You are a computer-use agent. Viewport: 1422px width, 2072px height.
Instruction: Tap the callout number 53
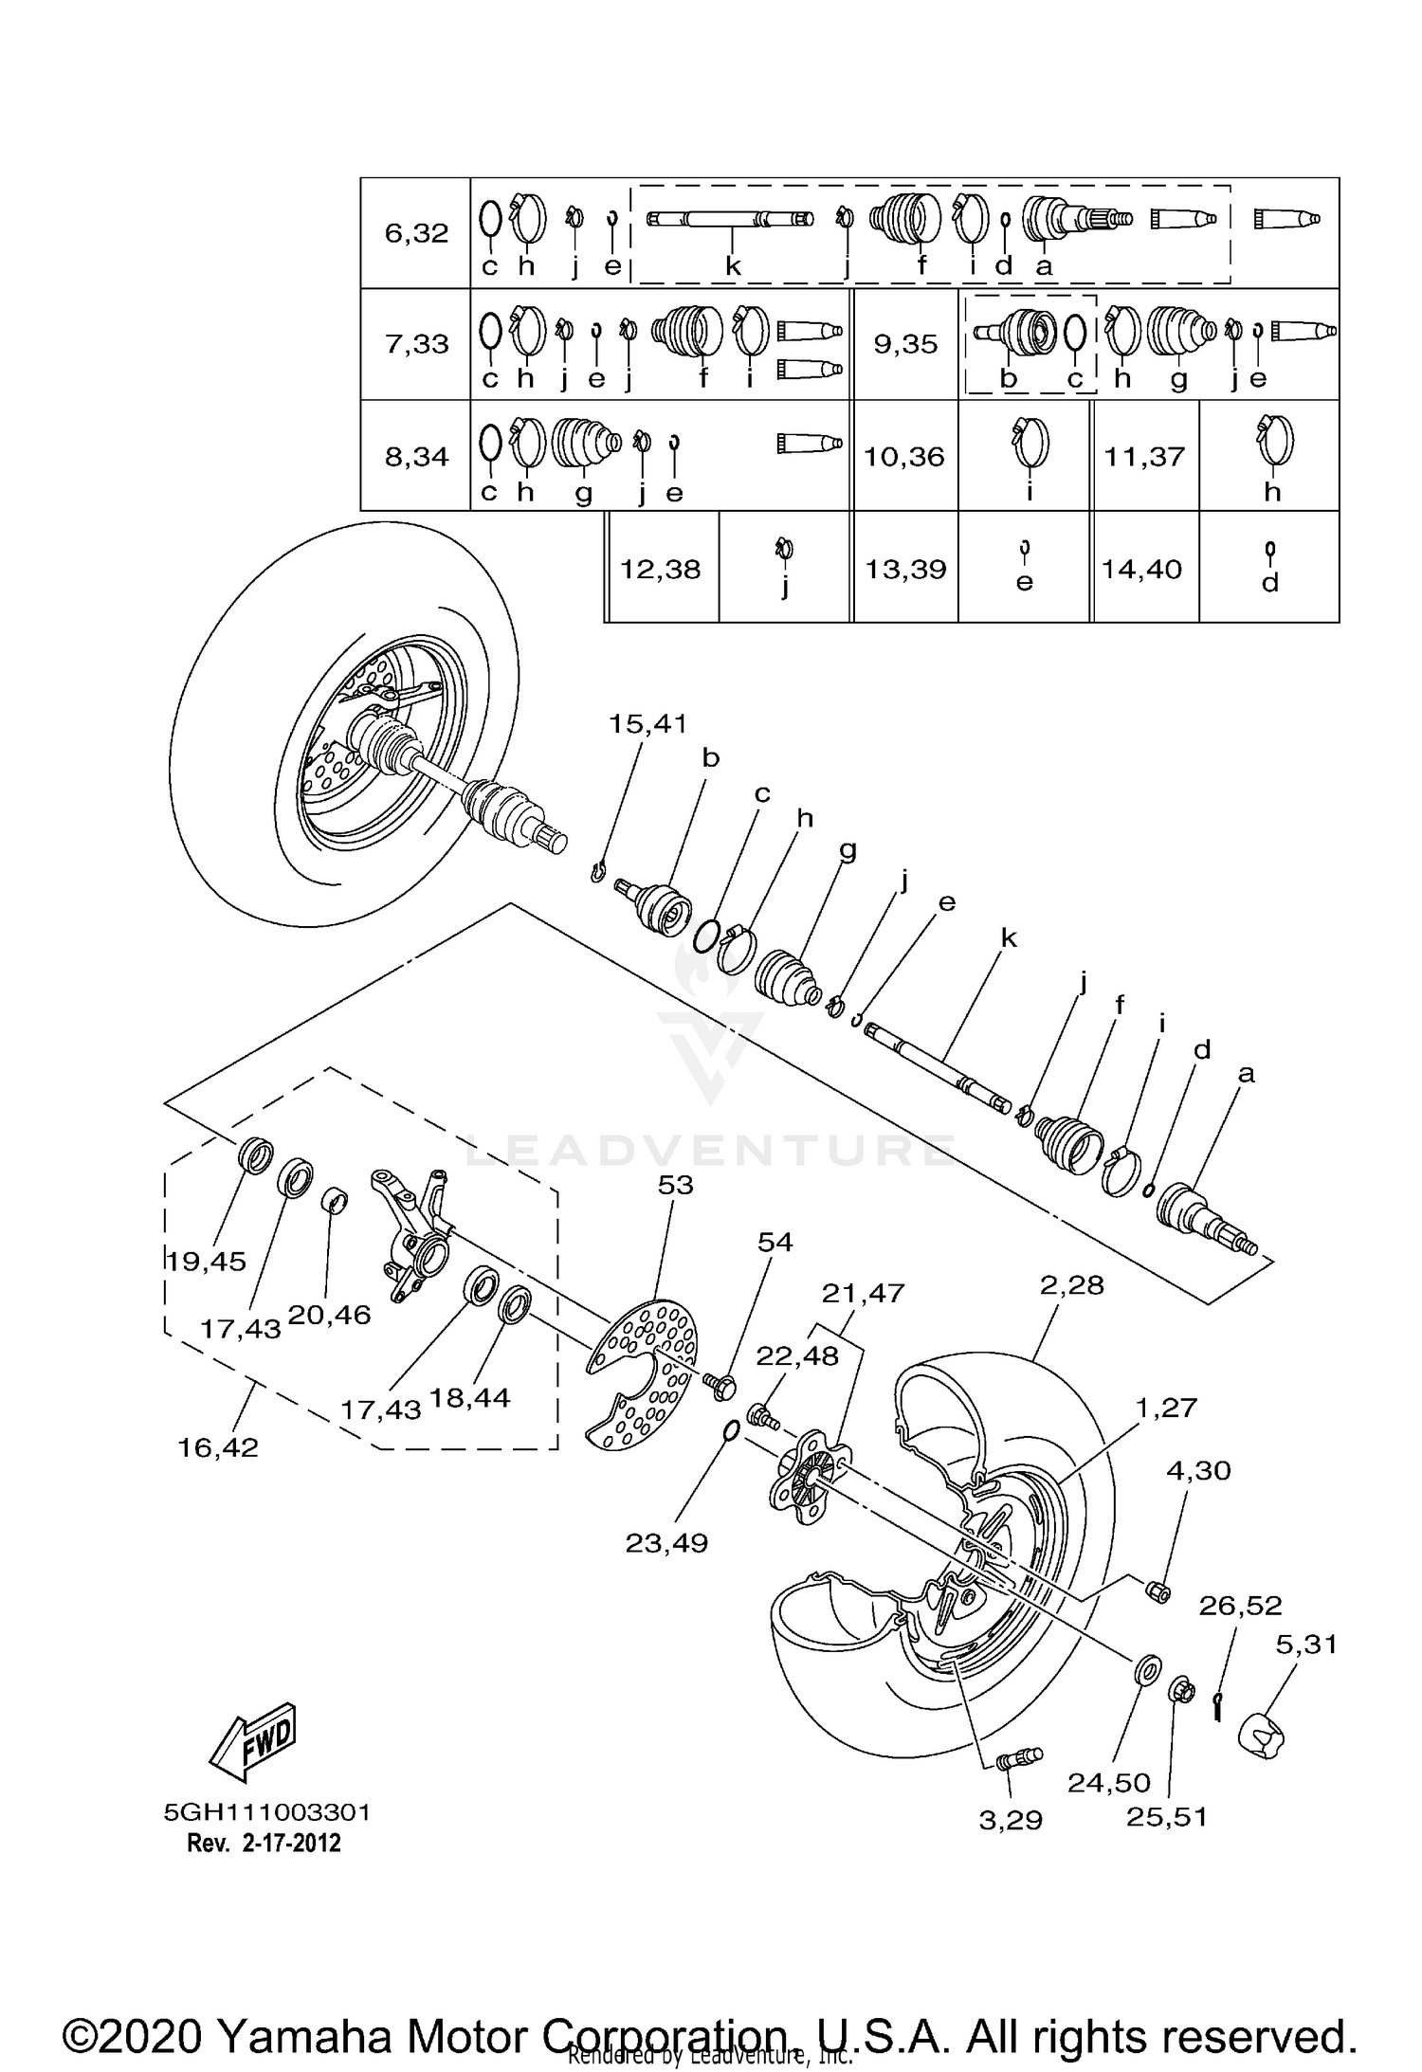point(675,1185)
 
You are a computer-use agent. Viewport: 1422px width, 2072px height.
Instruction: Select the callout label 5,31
point(1305,1645)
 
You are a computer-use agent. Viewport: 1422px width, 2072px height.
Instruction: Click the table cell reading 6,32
point(416,233)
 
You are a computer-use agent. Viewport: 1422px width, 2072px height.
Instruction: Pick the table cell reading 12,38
point(661,569)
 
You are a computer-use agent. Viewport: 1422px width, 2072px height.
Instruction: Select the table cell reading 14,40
point(1141,569)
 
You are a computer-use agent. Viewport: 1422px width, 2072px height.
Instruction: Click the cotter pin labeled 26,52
point(1219,1707)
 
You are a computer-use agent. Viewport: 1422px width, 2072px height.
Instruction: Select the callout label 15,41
point(647,724)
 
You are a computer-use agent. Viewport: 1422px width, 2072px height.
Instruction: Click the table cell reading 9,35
point(905,344)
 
